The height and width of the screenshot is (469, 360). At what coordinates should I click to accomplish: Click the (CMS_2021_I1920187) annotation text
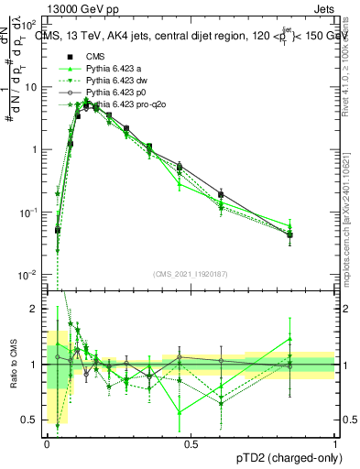[191, 273]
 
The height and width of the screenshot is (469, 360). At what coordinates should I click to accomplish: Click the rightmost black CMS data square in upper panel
[289, 235]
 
